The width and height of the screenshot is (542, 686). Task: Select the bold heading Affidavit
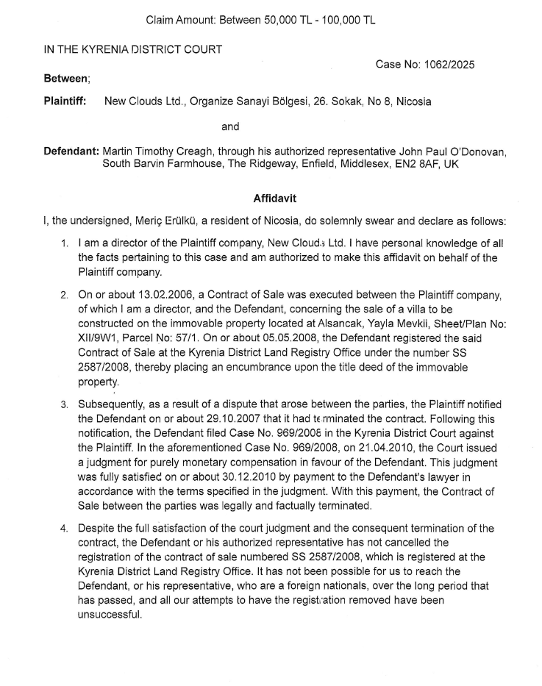tap(270, 199)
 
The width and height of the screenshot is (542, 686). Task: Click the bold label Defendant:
tap(71, 151)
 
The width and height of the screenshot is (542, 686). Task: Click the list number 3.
tap(65, 404)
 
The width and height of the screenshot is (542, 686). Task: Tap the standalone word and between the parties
tap(230, 126)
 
